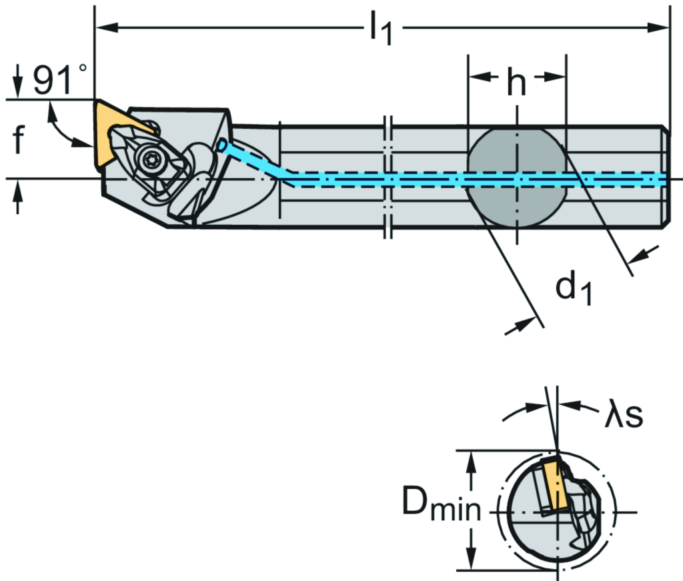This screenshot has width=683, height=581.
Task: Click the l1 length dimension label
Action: tap(380, 30)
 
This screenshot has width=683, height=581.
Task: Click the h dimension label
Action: tap(516, 83)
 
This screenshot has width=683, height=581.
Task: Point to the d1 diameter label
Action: tap(574, 288)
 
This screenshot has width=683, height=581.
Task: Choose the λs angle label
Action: tap(623, 414)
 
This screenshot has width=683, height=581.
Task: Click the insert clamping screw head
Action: tap(148, 159)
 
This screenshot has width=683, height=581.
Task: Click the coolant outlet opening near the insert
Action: tap(222, 145)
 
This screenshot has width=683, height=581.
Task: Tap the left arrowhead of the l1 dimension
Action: tap(105, 28)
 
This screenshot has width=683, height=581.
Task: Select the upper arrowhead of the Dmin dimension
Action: tap(473, 458)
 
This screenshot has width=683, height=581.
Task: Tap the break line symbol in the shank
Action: tap(388, 177)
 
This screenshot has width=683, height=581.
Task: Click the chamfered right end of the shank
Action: tap(666, 177)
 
